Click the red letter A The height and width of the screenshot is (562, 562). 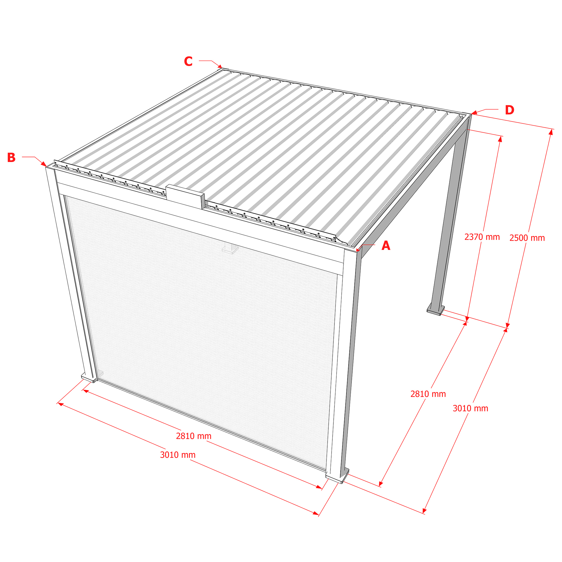(x=386, y=246)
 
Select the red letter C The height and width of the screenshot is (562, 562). (x=188, y=61)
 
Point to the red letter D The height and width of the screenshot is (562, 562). (x=509, y=110)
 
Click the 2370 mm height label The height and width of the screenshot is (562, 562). (x=482, y=237)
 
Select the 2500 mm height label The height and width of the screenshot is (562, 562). (x=527, y=238)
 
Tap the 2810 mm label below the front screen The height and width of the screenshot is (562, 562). (x=194, y=436)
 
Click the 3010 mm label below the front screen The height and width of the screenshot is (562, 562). (x=178, y=455)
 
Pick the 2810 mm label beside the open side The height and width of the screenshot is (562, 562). (x=428, y=394)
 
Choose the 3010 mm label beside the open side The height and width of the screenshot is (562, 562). (x=470, y=408)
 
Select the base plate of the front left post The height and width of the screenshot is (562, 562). (x=89, y=378)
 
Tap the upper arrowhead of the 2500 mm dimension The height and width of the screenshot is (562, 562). (x=550, y=132)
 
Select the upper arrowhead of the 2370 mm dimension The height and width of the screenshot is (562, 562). (x=500, y=139)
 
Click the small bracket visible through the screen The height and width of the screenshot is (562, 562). (x=230, y=248)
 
